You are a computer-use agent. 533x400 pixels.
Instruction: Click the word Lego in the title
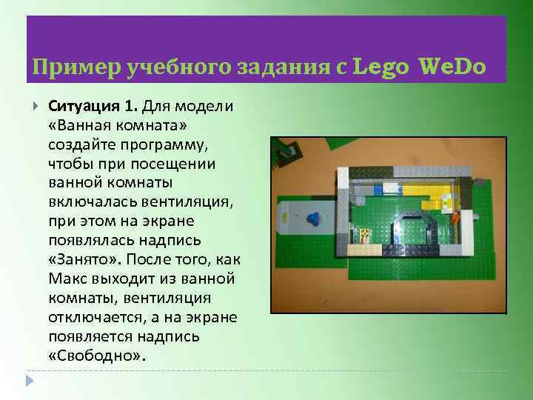coord(381,67)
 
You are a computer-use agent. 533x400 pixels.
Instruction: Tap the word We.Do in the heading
coord(452,67)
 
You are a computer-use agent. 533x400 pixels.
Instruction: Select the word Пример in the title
coord(64,67)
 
